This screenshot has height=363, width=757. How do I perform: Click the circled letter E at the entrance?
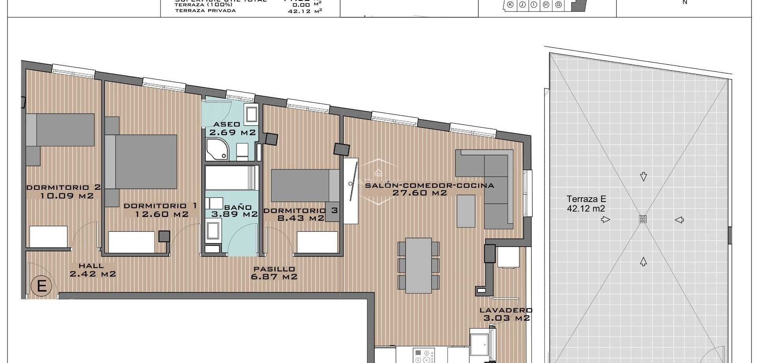pos(41,286)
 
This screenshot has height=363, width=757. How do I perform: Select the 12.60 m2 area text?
pos(162,215)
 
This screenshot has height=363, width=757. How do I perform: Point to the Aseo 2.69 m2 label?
pos(232,129)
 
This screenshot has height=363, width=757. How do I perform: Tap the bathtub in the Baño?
pos(231,178)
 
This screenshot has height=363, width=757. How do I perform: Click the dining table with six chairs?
pos(419,265)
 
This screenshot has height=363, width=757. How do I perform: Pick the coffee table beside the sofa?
pos(466,211)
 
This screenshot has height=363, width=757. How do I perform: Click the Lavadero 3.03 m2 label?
pos(506,314)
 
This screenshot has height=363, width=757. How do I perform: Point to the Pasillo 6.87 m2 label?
pos(274,273)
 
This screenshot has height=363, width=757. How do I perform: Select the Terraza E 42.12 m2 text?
pos(586,204)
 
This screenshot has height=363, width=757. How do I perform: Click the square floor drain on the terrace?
pos(643,219)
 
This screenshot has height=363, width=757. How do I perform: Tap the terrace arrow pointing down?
pos(643,176)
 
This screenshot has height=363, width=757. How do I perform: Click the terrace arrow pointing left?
pos(679,220)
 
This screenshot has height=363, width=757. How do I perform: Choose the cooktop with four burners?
pos(424,356)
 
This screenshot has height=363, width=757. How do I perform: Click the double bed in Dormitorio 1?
pos(146,162)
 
